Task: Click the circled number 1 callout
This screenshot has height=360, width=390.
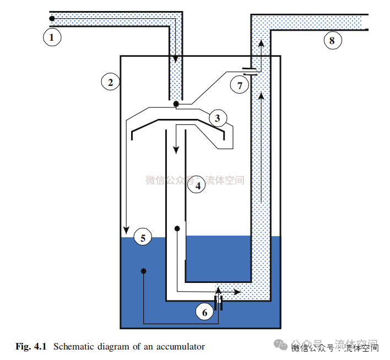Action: pos(52,37)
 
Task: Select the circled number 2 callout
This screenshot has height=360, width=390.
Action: pos(110,82)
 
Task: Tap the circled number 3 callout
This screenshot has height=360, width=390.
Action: pos(217,118)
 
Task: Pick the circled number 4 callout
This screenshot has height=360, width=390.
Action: pos(197,186)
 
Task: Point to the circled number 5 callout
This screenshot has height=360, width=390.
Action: pos(143,238)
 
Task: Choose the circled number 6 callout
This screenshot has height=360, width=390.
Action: pos(204,312)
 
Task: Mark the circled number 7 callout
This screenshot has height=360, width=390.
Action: pos(239,85)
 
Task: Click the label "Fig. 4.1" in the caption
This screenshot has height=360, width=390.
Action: pos(32,347)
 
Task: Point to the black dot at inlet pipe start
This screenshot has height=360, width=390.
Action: pos(52,19)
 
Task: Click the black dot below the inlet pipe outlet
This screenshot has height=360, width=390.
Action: pos(176,103)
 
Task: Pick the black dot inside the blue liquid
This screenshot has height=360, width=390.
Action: pos(143,271)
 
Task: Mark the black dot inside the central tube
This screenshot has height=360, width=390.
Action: pos(177,228)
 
